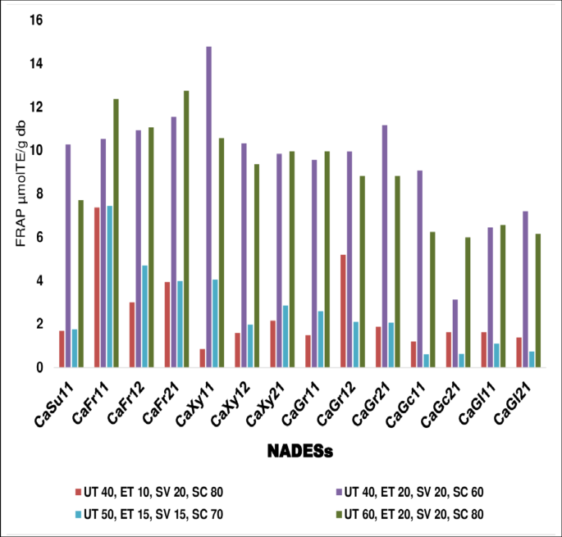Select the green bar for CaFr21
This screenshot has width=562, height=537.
pos(185,230)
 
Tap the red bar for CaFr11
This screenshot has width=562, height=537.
pos(97,288)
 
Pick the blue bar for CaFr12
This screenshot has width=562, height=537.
pos(144,316)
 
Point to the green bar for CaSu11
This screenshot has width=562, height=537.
pos(80,284)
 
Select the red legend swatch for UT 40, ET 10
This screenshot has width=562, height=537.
pos(75,492)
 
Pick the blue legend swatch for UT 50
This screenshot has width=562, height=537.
pos(75,513)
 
